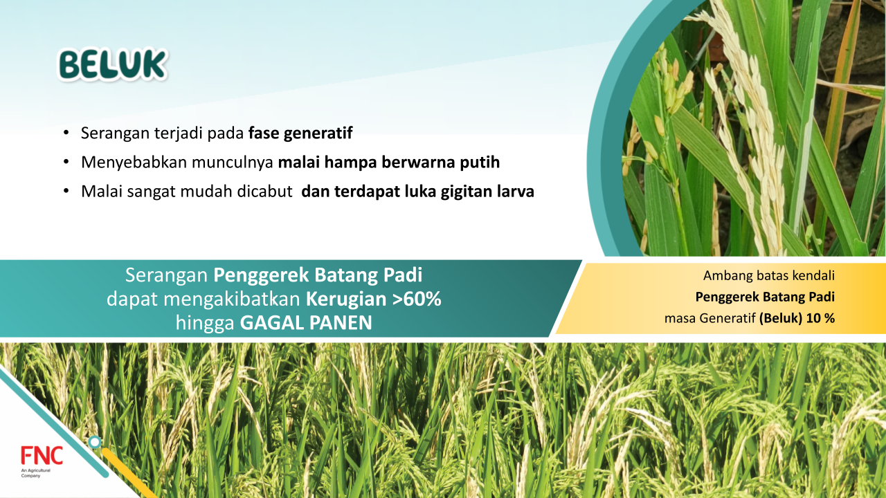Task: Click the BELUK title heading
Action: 113,65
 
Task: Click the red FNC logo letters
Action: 42,456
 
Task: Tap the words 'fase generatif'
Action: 300,133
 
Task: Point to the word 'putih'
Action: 480,163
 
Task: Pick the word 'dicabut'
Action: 264,192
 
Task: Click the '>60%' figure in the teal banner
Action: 417,299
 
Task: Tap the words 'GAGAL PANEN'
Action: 306,322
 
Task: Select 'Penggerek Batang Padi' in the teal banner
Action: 318,275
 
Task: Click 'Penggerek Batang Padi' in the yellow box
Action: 765,297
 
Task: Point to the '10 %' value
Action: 820,318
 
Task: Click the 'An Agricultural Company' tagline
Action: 35,473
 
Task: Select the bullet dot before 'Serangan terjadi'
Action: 66,133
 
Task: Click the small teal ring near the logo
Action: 95,442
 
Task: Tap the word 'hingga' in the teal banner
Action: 205,323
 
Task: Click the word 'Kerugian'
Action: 346,299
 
